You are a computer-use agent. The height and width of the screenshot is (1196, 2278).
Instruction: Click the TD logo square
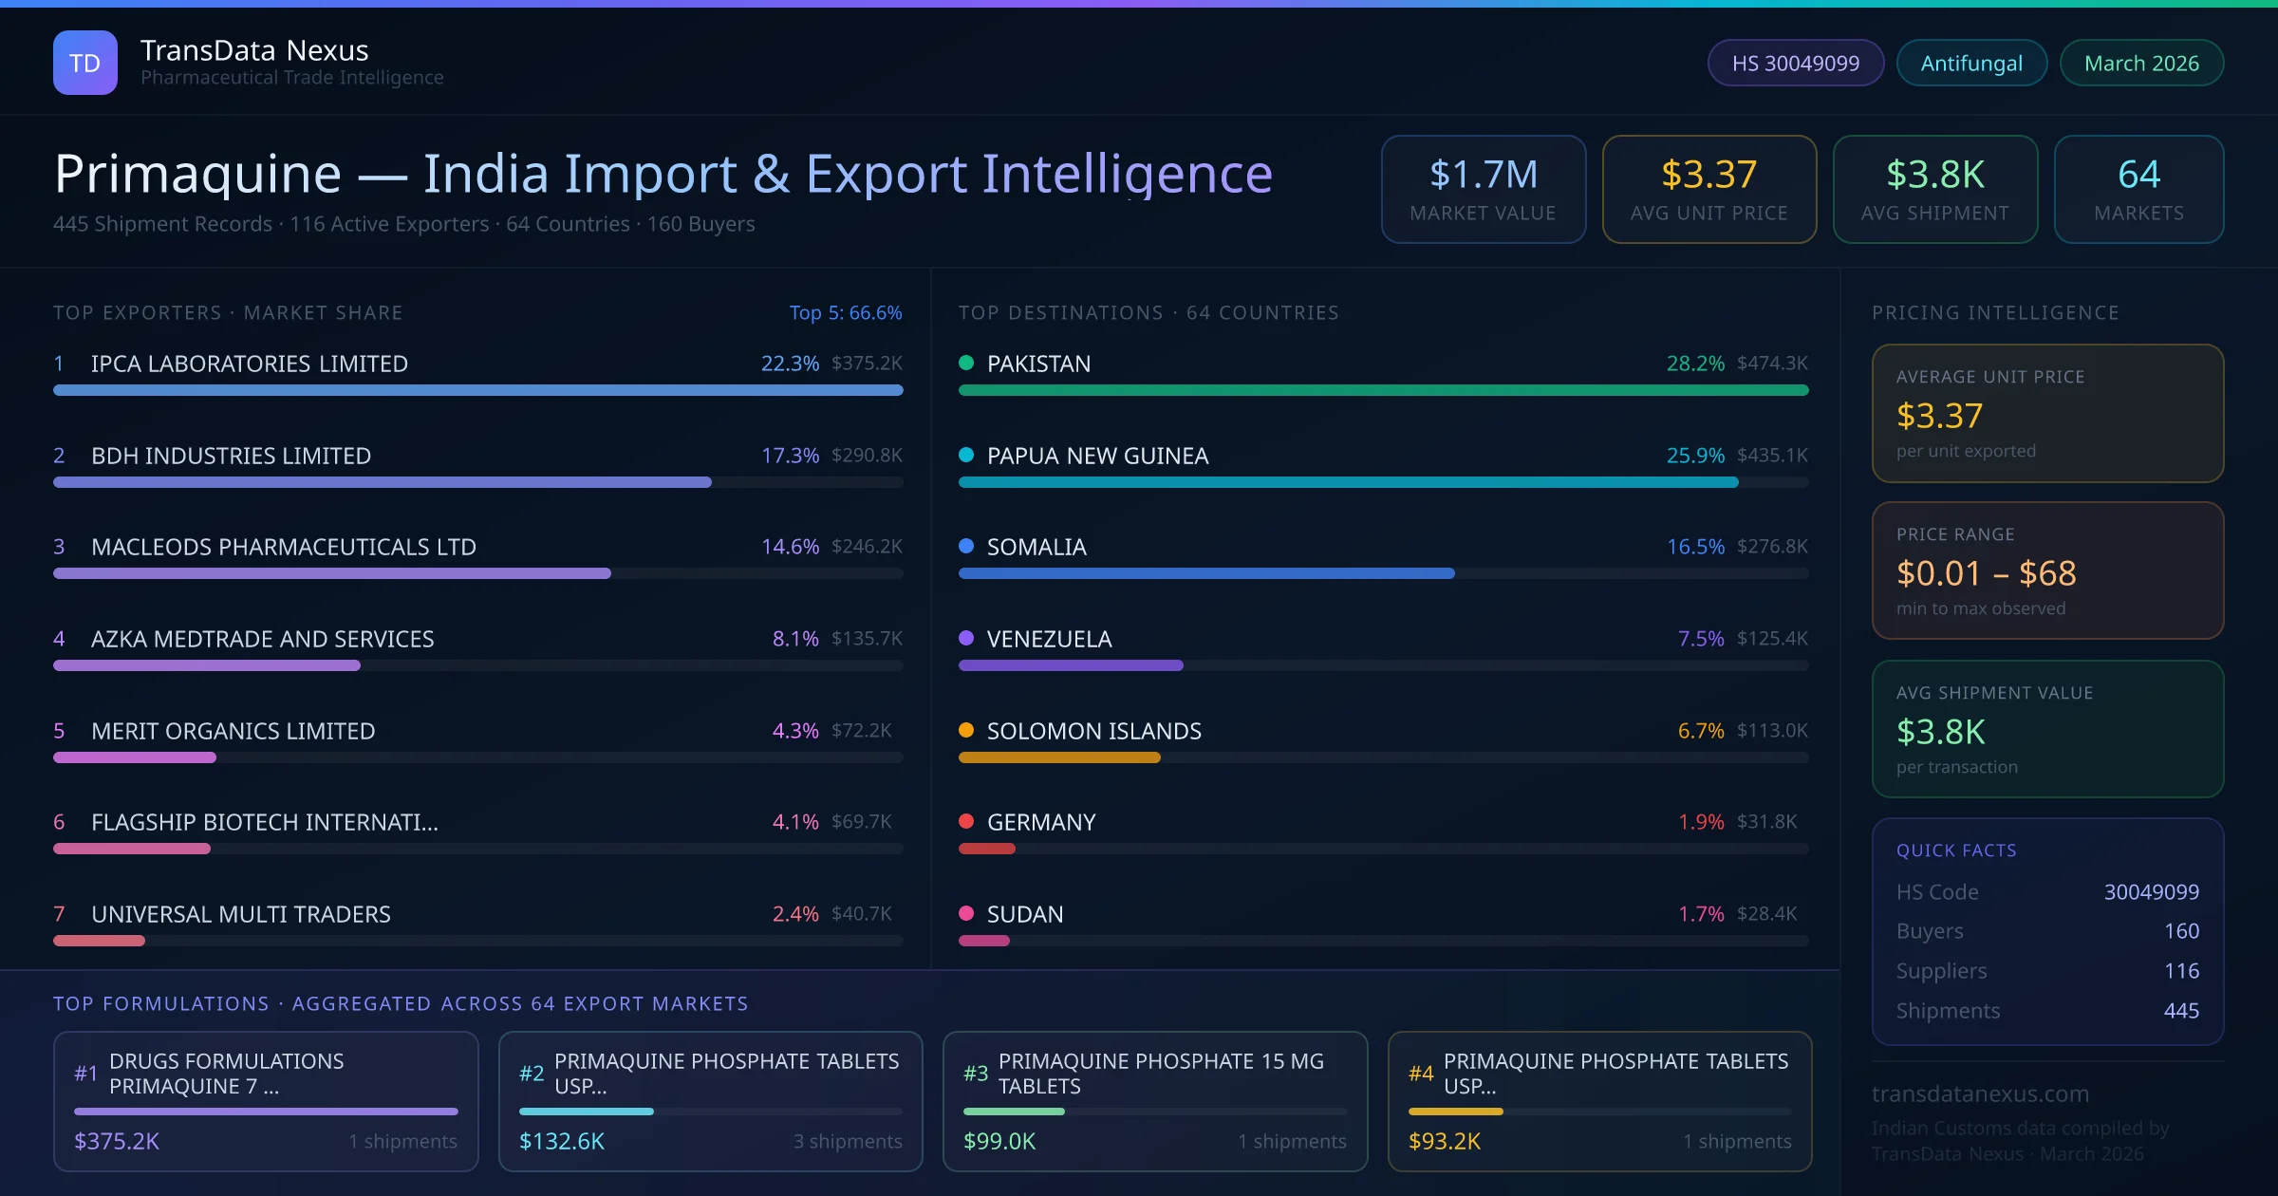(85, 63)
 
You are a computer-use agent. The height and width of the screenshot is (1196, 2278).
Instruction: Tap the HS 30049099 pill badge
(1795, 63)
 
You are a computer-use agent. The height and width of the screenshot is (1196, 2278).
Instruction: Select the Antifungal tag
(1971, 63)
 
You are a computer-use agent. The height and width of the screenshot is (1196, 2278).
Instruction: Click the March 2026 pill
(2141, 63)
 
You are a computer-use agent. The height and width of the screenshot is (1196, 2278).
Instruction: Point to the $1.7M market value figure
(1483, 175)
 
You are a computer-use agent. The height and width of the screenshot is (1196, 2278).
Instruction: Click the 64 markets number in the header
(2138, 175)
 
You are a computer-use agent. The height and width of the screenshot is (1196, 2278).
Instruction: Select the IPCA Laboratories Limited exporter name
(250, 364)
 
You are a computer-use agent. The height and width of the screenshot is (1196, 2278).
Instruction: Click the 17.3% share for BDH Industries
(790, 456)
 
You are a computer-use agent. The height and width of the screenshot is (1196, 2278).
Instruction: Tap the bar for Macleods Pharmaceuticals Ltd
(332, 573)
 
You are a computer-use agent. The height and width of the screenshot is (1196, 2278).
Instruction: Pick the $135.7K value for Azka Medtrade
(867, 639)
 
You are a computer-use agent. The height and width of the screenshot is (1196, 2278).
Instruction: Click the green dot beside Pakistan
(966, 363)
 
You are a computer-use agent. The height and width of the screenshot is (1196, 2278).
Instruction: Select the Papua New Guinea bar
(1348, 482)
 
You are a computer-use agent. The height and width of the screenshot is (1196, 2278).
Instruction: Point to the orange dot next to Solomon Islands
(966, 730)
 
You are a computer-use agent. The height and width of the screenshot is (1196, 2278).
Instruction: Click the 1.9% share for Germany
(1701, 822)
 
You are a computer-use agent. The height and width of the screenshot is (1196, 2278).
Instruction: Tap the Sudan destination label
(1025, 914)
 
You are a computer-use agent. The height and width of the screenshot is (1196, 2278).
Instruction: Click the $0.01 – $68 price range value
(1986, 573)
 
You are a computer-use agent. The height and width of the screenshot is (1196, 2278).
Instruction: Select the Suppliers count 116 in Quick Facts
(2181, 971)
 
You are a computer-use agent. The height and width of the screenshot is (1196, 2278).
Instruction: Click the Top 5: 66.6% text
(845, 313)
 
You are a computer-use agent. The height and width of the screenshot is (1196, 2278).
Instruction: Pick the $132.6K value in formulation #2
(562, 1141)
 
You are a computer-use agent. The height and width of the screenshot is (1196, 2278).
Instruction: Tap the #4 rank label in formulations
(1421, 1074)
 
